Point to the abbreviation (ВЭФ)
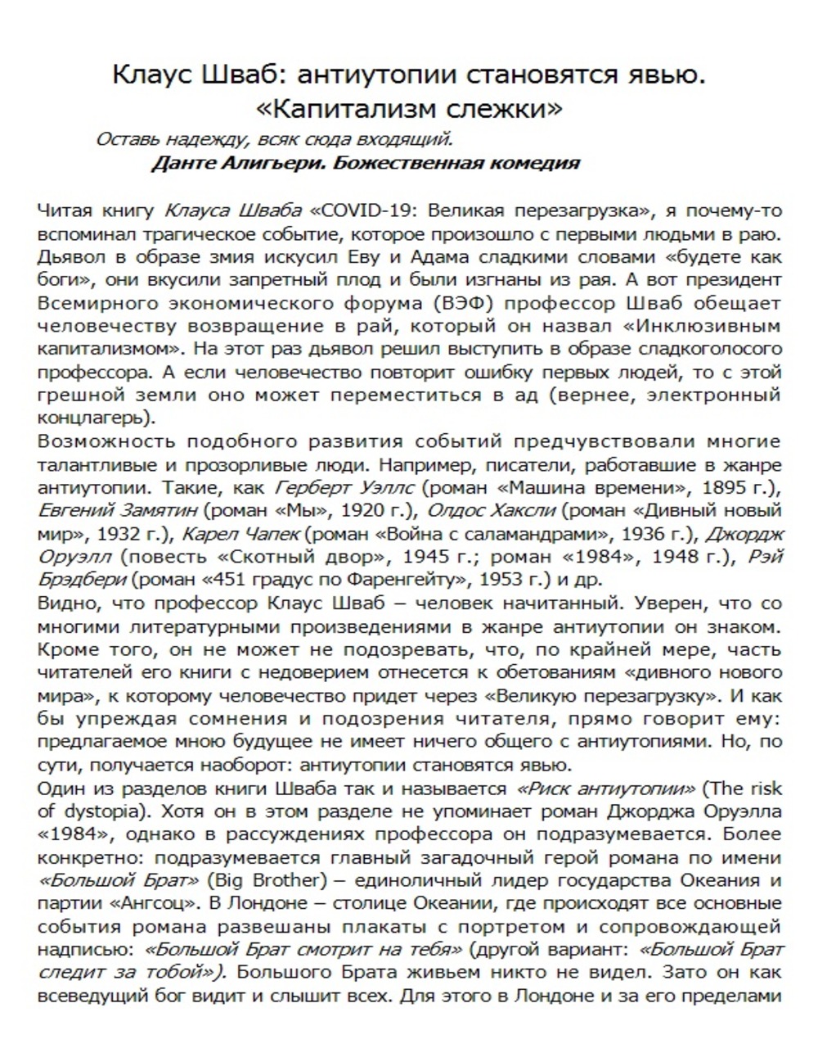click(463, 302)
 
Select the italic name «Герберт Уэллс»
click(347, 489)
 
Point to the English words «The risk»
click(748, 789)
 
